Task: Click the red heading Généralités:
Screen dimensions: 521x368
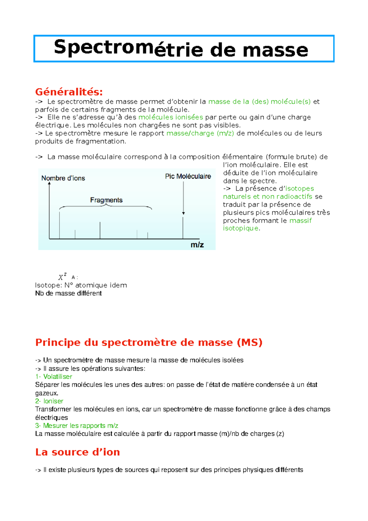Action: point(69,91)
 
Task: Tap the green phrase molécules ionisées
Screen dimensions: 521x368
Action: point(171,117)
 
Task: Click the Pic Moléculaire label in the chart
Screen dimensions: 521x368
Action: point(188,176)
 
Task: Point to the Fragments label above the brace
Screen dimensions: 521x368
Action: point(106,200)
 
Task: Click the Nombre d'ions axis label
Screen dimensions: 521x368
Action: point(63,178)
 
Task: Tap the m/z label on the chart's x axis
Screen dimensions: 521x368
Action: point(197,245)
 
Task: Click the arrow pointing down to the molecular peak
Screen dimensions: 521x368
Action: point(183,198)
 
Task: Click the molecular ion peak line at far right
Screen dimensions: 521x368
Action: point(183,228)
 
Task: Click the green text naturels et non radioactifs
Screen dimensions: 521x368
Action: point(267,197)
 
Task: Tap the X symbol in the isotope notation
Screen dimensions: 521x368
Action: point(61,277)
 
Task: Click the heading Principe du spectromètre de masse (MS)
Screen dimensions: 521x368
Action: point(149,342)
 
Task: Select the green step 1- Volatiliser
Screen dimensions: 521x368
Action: point(54,376)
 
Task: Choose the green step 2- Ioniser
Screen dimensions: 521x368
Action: point(49,401)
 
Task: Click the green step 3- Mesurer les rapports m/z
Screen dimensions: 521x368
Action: point(77,426)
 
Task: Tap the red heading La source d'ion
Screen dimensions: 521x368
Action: point(78,452)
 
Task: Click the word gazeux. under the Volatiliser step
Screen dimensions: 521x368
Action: point(47,393)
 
